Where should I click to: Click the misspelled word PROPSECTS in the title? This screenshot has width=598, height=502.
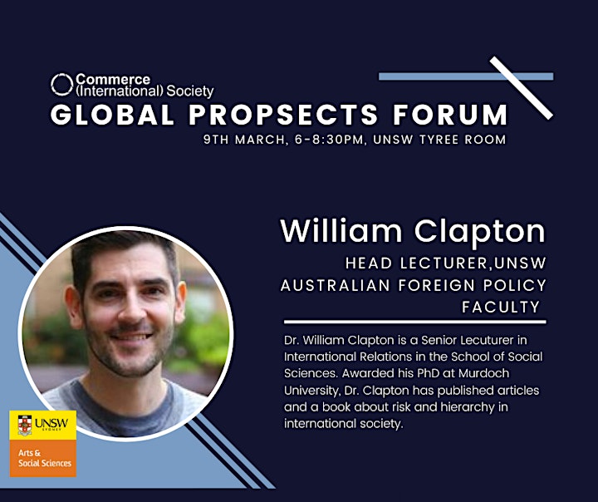coord(283,115)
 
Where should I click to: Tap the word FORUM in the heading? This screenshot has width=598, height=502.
coord(450,115)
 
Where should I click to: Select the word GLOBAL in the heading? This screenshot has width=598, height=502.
coord(112,115)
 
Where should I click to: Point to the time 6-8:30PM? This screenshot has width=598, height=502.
coord(329,140)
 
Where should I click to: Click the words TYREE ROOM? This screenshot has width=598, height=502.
coord(463,140)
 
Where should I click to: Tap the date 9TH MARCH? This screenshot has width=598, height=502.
coord(244,140)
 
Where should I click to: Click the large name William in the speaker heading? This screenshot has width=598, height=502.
coord(341,231)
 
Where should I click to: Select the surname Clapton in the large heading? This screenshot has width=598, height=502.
coord(480,233)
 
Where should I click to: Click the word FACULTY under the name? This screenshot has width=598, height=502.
coord(501,308)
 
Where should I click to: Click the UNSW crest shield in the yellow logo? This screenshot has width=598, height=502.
coord(25,426)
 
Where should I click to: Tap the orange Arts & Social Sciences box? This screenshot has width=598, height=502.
coord(43,458)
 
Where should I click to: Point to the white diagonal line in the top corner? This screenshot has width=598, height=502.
coord(522,88)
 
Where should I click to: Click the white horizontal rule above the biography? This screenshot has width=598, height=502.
coord(415,322)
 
